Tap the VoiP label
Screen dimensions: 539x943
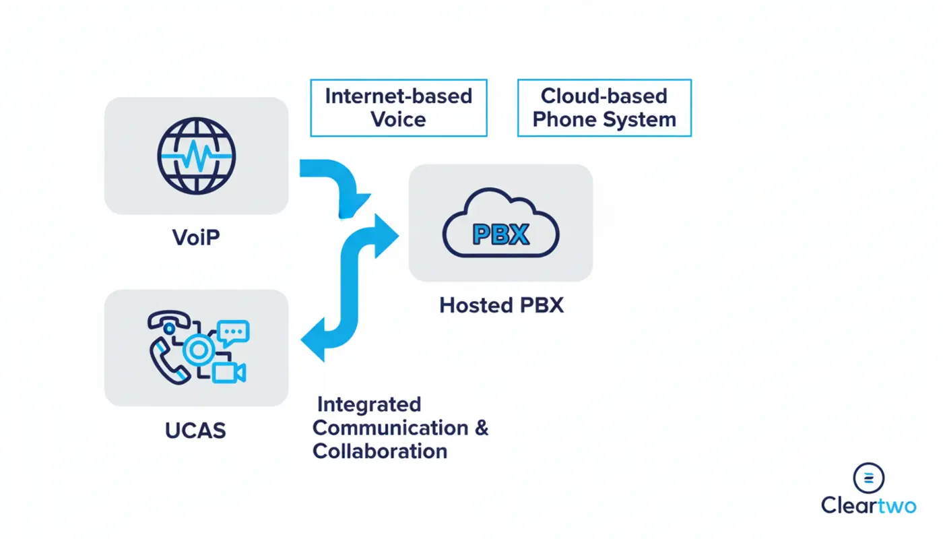point(196,237)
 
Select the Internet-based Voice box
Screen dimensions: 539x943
point(399,108)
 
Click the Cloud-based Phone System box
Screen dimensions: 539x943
point(604,108)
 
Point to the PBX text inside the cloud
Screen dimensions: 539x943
point(500,234)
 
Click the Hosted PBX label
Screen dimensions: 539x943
point(501,305)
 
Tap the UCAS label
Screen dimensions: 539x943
point(195,431)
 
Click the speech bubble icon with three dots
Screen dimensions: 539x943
point(234,332)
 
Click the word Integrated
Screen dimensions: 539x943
point(369,404)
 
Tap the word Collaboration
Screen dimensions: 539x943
point(380,451)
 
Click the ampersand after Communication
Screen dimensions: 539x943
point(482,428)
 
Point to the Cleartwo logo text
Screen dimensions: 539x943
point(868,505)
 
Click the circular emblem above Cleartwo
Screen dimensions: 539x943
point(868,478)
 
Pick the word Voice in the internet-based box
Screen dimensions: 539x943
point(399,120)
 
